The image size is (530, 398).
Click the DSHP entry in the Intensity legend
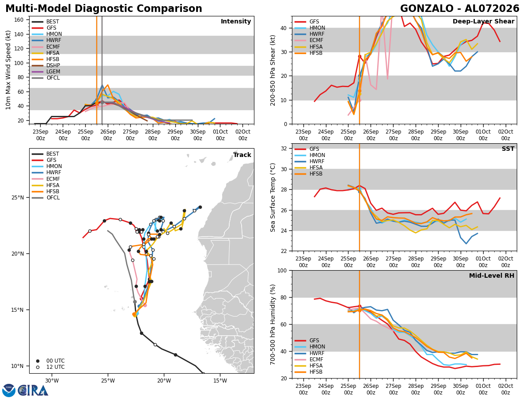[53, 65]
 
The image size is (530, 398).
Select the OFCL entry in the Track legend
[53, 198]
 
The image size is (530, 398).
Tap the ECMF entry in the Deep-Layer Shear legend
[316, 40]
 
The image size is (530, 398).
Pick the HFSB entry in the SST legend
[316, 174]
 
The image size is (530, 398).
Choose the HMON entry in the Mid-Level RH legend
[317, 347]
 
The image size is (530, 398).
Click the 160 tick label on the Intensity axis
[19, 20]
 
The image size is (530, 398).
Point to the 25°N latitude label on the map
[18, 198]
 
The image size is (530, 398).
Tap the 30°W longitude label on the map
[52, 381]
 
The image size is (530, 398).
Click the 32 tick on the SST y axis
[284, 149]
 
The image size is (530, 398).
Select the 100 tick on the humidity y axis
[282, 271]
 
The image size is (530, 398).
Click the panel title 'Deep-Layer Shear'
[483, 22]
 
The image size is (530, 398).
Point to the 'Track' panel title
[242, 155]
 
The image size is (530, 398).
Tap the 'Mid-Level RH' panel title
[492, 276]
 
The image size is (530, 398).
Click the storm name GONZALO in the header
[427, 9]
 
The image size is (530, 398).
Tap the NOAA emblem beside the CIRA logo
[9, 390]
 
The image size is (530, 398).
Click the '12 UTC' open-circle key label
[56, 367]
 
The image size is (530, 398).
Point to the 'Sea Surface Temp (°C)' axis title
[273, 197]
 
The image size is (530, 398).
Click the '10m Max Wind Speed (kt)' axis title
[8, 70]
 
